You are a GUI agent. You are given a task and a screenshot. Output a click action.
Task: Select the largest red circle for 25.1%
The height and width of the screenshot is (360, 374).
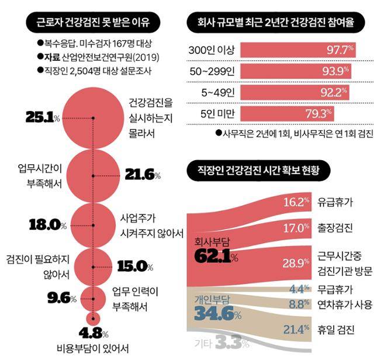[92, 117]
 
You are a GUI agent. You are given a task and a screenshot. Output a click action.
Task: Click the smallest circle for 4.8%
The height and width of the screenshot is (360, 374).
[92, 319]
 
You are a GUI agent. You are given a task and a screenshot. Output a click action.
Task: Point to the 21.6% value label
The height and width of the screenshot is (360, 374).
[143, 175]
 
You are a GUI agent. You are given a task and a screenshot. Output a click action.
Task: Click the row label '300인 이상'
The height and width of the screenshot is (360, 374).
[209, 50]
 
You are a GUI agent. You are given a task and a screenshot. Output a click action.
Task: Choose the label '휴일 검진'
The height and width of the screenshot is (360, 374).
[335, 330]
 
